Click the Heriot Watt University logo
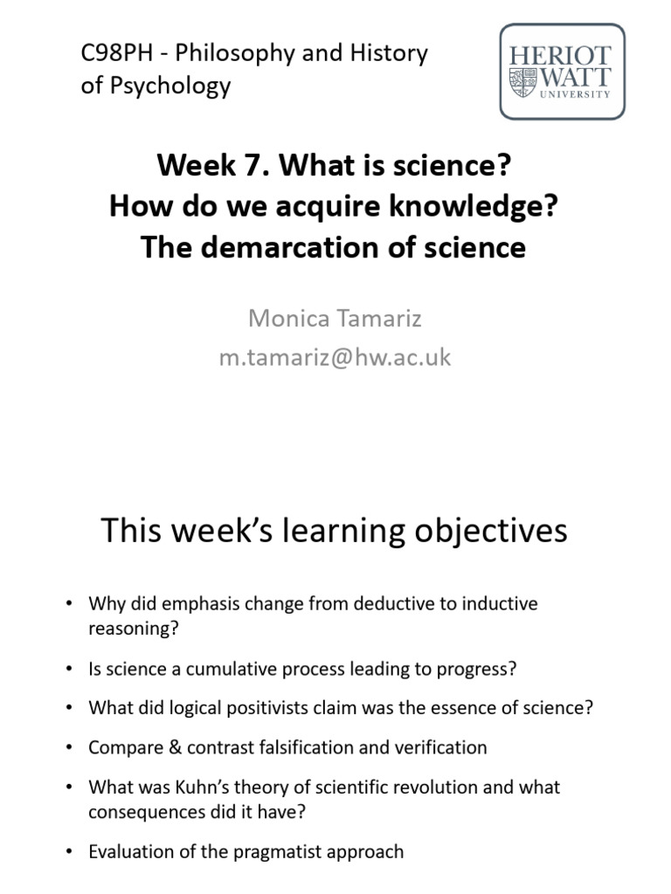pyautogui.click(x=562, y=71)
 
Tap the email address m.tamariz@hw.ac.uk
pyautogui.click(x=335, y=357)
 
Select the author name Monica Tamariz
pyautogui.click(x=335, y=319)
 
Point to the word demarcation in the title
pyautogui.click(x=300, y=248)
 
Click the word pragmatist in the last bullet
pyautogui.click(x=282, y=851)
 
